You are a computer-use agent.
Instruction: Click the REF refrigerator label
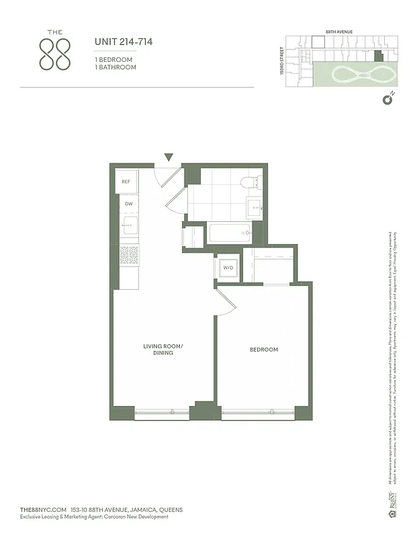pyautogui.click(x=126, y=182)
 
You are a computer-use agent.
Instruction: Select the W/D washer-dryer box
pyautogui.click(x=228, y=268)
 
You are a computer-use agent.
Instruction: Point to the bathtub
pyautogui.click(x=230, y=233)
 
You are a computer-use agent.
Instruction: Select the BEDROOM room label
pyautogui.click(x=263, y=350)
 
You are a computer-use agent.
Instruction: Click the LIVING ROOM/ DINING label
pyautogui.click(x=158, y=350)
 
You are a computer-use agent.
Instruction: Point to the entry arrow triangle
pyautogui.click(x=169, y=157)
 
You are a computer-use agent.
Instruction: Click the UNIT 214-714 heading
pyautogui.click(x=124, y=42)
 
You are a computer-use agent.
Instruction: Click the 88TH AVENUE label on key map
pyautogui.click(x=339, y=32)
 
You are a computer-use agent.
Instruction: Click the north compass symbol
pyautogui.click(x=387, y=100)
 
